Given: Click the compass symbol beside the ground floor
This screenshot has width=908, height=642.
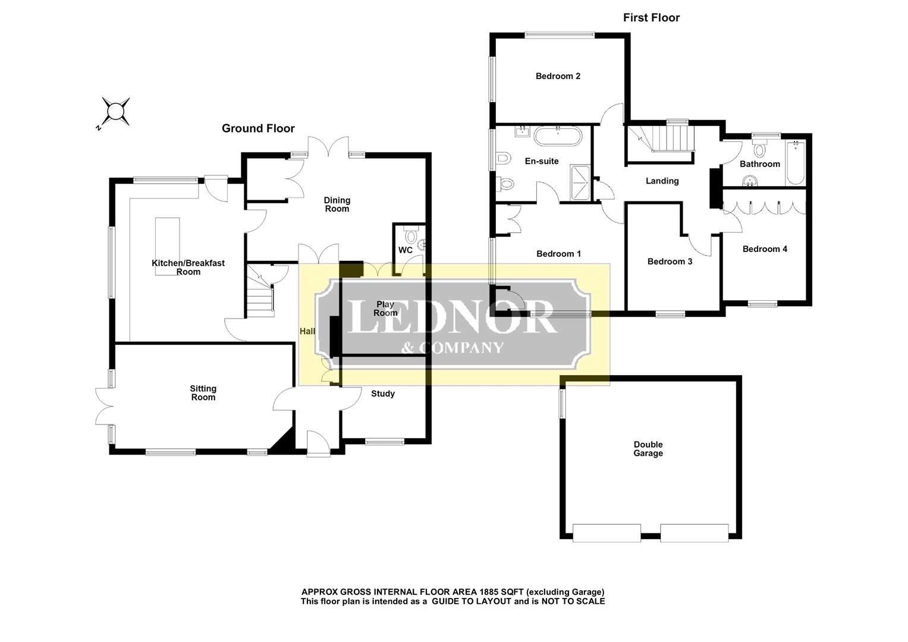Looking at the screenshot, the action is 115,111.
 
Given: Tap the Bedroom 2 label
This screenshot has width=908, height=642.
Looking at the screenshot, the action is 558,76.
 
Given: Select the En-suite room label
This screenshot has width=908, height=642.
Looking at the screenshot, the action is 542,161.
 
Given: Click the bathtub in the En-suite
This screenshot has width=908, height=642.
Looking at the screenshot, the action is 558,136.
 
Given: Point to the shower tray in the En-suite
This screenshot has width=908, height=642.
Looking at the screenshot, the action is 580,182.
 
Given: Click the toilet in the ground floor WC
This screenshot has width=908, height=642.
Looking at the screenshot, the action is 411,234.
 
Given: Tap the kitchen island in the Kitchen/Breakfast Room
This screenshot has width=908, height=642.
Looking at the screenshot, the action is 168,247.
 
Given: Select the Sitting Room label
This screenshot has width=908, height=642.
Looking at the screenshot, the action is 203,393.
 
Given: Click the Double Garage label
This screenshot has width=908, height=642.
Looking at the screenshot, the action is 648,449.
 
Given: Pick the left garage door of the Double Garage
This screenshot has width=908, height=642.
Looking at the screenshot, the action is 607,533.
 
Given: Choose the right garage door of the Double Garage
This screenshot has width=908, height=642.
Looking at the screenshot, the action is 695,533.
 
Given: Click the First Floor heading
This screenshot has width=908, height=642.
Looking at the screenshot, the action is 651,18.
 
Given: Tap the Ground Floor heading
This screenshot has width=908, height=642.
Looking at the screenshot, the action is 258,128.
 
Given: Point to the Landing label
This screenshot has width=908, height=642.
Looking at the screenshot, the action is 662,181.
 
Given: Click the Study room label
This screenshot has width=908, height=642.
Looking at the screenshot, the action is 383,394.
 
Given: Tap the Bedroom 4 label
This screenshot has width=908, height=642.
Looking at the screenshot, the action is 765,249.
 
